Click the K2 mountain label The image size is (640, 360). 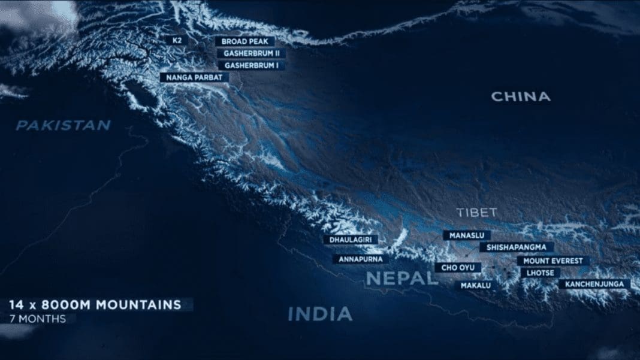click(x=177, y=40)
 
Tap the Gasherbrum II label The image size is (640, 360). click(x=251, y=53)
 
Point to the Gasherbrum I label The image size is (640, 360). click(x=250, y=65)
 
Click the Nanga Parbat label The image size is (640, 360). click(x=194, y=77)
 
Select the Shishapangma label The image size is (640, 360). click(x=516, y=247)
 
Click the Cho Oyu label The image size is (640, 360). click(x=458, y=267)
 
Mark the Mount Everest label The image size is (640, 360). click(x=553, y=261)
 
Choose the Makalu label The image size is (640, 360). click(x=476, y=286)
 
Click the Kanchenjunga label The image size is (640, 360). click(x=594, y=284)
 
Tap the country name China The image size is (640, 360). click(x=521, y=96)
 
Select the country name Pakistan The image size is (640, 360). click(x=63, y=125)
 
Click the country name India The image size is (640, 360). click(x=319, y=314)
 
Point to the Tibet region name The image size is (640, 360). click(x=476, y=213)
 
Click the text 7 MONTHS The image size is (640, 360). click(x=38, y=319)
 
